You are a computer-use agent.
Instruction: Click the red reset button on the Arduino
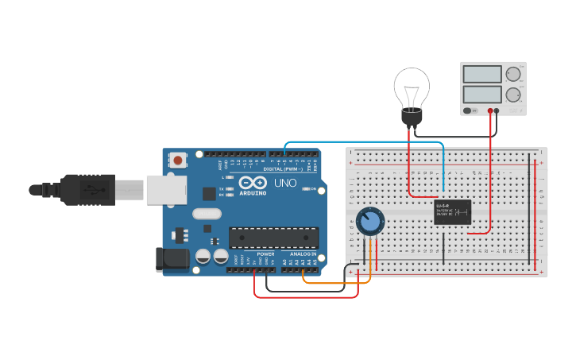pyautogui.click(x=177, y=161)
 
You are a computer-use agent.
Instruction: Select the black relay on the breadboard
pyautogui.click(x=453, y=212)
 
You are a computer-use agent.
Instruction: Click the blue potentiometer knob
pyautogui.click(x=369, y=222)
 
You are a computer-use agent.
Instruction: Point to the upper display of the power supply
pyautogui.click(x=481, y=75)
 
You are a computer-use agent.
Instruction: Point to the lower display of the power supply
pyautogui.click(x=481, y=95)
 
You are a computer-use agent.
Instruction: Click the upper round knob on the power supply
pyautogui.click(x=513, y=75)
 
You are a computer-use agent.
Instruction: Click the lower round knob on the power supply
pyautogui.click(x=513, y=95)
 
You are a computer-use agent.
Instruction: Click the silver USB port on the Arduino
pyautogui.click(x=166, y=189)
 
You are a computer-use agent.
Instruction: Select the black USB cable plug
pyautogui.click(x=87, y=189)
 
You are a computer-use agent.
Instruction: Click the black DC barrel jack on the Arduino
pyautogui.click(x=173, y=258)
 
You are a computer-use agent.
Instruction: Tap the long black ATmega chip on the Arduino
pyautogui.click(x=273, y=237)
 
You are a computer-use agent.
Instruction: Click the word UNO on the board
pyautogui.click(x=286, y=183)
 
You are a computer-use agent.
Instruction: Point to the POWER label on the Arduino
pyautogui.click(x=265, y=254)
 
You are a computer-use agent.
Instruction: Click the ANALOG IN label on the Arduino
pyautogui.click(x=303, y=254)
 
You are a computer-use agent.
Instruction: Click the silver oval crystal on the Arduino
pyautogui.click(x=206, y=213)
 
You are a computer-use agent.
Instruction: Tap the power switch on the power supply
pyautogui.click(x=470, y=111)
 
